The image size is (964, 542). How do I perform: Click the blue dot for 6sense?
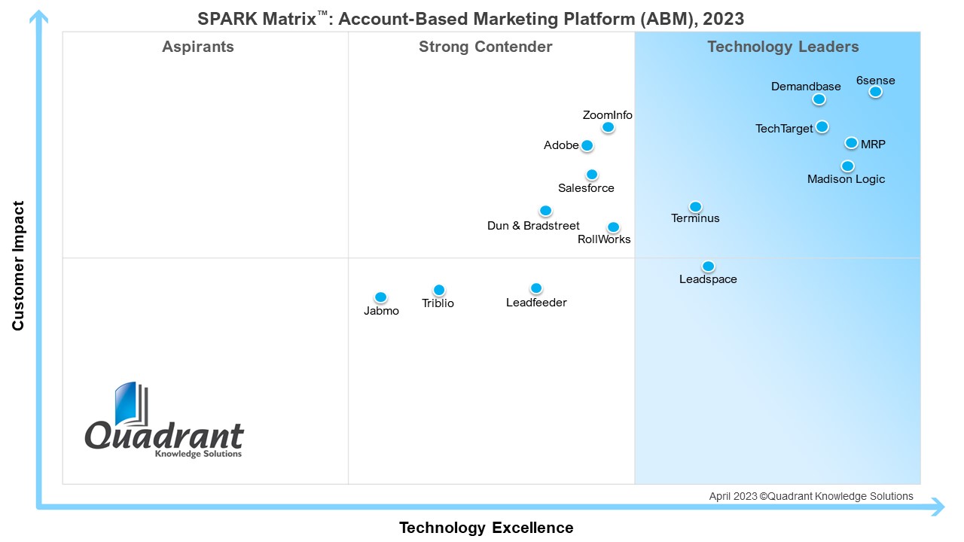pyautogui.click(x=875, y=92)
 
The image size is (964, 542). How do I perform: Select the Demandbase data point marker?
pyautogui.click(x=819, y=99)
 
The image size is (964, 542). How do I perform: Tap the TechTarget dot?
pyautogui.click(x=822, y=126)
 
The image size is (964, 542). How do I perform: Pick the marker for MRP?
pyautogui.click(x=851, y=143)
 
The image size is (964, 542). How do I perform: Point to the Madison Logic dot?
pyautogui.click(x=847, y=166)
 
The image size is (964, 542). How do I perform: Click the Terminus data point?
pyautogui.click(x=696, y=207)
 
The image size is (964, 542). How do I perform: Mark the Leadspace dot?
pyautogui.click(x=708, y=266)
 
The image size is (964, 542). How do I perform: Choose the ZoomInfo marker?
pyautogui.click(x=608, y=128)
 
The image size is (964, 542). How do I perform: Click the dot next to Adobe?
pyautogui.click(x=587, y=146)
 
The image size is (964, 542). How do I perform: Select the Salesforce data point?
pyautogui.click(x=592, y=175)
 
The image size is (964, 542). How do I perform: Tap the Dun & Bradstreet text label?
pyautogui.click(x=533, y=226)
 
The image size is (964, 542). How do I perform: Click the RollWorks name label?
pyautogui.click(x=604, y=239)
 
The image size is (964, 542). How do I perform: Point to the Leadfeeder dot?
pyautogui.click(x=536, y=288)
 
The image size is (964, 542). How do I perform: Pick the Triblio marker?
pyautogui.click(x=439, y=291)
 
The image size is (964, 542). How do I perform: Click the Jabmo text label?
pyautogui.click(x=381, y=311)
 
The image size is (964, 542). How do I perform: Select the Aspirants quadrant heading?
pyautogui.click(x=198, y=47)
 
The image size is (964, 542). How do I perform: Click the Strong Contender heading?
pyautogui.click(x=486, y=47)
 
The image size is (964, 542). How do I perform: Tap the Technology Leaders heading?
pyautogui.click(x=782, y=47)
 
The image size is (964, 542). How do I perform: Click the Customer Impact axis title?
pyautogui.click(x=19, y=266)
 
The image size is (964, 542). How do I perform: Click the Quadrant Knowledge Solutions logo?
pyautogui.click(x=164, y=422)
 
